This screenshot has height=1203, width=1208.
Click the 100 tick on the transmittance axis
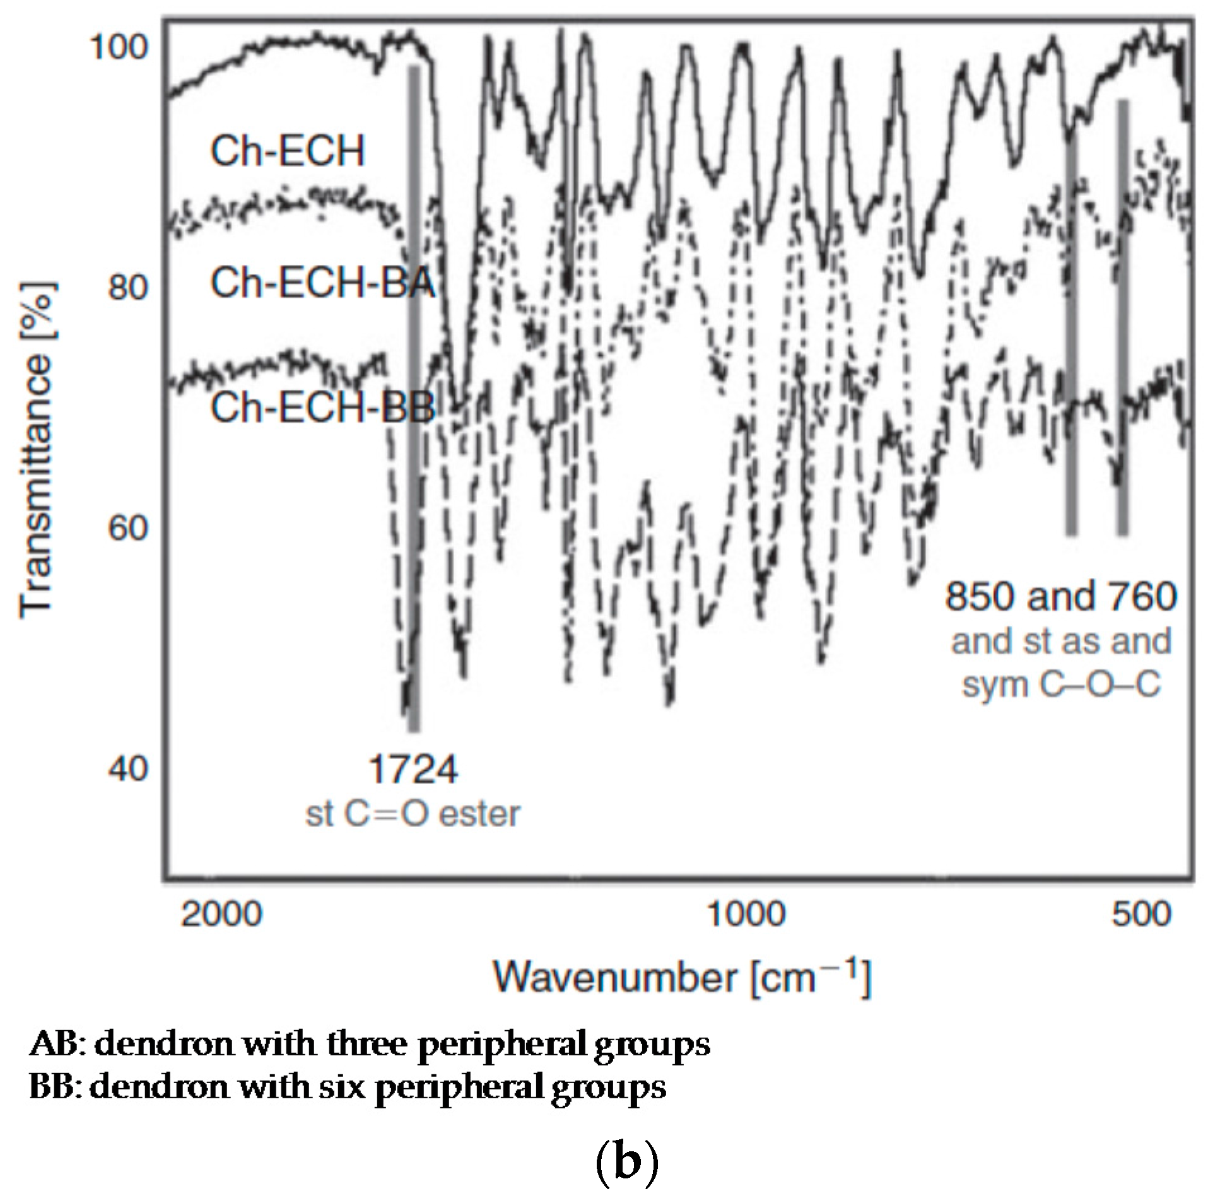click(x=120, y=47)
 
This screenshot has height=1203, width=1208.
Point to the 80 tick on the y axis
click(x=128, y=288)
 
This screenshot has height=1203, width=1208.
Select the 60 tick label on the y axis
click(x=128, y=527)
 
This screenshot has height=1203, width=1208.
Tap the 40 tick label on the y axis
click(x=128, y=768)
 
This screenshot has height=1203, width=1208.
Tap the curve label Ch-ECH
click(x=288, y=151)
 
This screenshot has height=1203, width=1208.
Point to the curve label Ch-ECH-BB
click(x=322, y=407)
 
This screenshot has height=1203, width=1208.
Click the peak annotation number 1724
click(x=413, y=770)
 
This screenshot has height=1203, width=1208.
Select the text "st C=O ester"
click(x=413, y=814)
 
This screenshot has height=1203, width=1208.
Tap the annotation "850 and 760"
click(x=1061, y=596)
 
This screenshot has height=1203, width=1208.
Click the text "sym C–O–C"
click(x=1061, y=684)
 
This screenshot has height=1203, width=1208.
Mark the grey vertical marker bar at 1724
click(x=414, y=397)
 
